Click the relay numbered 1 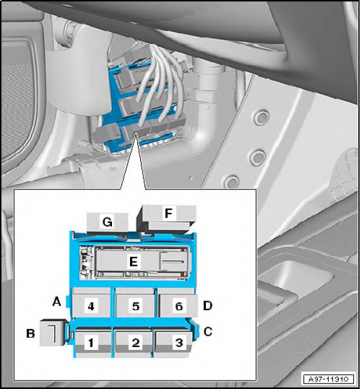point(93,343)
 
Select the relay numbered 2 point(134,343)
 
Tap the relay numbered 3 point(173,343)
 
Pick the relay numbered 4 point(91,302)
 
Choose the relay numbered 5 point(135,302)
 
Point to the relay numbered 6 point(178,302)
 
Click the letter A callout point(57,302)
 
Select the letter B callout point(31,334)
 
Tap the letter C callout point(208,332)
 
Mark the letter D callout point(208,305)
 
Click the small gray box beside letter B point(52,332)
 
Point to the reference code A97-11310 point(329,379)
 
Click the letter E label point(134,262)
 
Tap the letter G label point(107,222)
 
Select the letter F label point(169,213)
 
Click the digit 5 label point(135,306)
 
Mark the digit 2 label point(135,343)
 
